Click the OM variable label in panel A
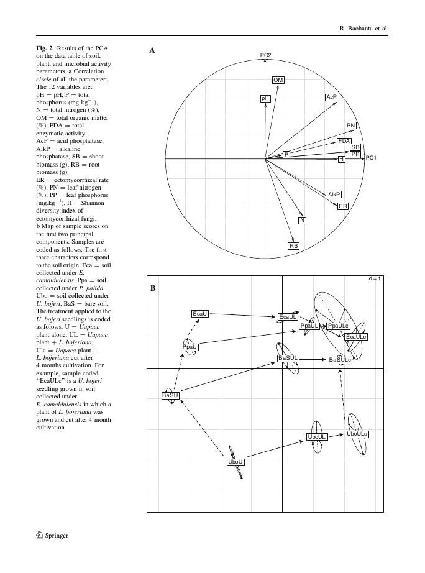[278, 80]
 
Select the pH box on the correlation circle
[265, 98]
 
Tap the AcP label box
[332, 98]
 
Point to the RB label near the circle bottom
[294, 246]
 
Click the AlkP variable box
[334, 195]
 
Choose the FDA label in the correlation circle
[344, 142]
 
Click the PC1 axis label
[371, 158]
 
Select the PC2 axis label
[266, 56]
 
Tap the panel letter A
[152, 51]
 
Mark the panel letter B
[152, 288]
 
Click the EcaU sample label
[200, 314]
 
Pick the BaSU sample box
[170, 395]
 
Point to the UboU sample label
[235, 462]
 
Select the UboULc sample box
[357, 434]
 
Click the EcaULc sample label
[356, 337]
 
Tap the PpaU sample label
[190, 347]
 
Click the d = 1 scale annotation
[374, 278]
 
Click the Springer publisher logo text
[56, 536]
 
